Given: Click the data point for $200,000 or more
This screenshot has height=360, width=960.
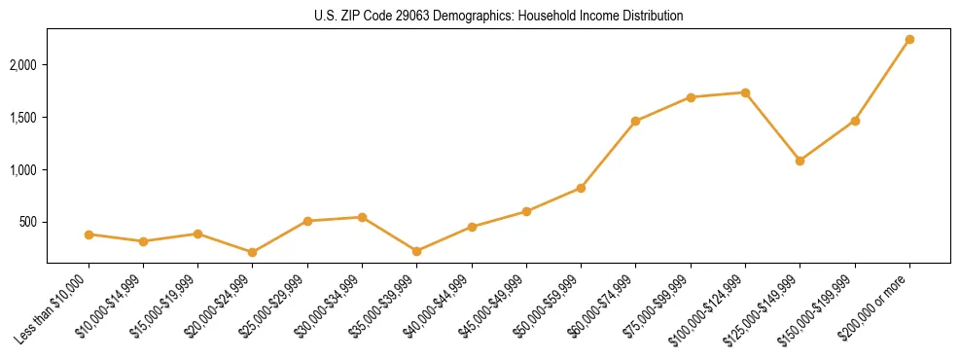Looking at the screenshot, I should tap(909, 40).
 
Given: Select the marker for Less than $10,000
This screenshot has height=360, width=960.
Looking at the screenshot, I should tap(89, 234).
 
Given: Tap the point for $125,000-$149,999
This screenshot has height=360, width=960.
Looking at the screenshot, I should tap(800, 161).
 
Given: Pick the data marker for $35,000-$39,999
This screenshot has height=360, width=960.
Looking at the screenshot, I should tap(416, 251).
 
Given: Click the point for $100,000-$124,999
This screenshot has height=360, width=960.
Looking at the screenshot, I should tap(745, 92).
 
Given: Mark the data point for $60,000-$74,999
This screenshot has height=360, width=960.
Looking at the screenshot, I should tap(635, 122).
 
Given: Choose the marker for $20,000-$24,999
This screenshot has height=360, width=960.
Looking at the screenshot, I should tap(253, 252).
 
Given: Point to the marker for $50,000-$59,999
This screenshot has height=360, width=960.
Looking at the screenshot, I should tap(581, 188).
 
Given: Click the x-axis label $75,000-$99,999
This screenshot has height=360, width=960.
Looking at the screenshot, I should tap(662, 305).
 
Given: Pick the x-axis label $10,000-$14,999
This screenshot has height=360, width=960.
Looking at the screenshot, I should tap(115, 305).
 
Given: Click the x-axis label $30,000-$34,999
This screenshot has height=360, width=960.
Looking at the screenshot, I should tap(334, 305).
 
